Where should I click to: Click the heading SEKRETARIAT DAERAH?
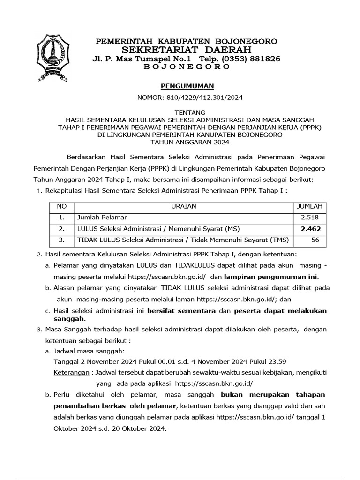coord(187,50)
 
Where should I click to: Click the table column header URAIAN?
coord(184,206)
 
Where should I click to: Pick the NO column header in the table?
coord(61,206)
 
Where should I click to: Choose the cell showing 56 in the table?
coord(315,240)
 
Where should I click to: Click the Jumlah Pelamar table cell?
coord(102,217)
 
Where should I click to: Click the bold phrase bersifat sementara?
coord(181,311)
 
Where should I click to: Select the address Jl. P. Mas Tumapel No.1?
coord(142,59)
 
